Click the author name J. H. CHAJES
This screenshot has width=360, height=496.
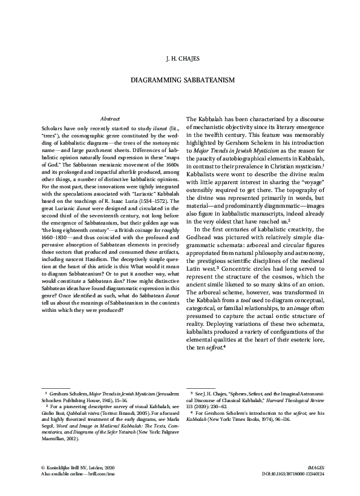180,59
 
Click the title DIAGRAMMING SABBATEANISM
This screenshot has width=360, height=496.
180,79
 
